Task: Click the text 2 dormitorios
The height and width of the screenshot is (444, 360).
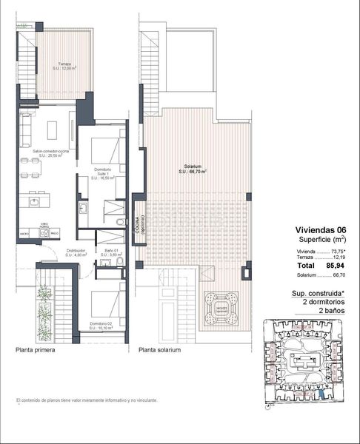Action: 315,302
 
